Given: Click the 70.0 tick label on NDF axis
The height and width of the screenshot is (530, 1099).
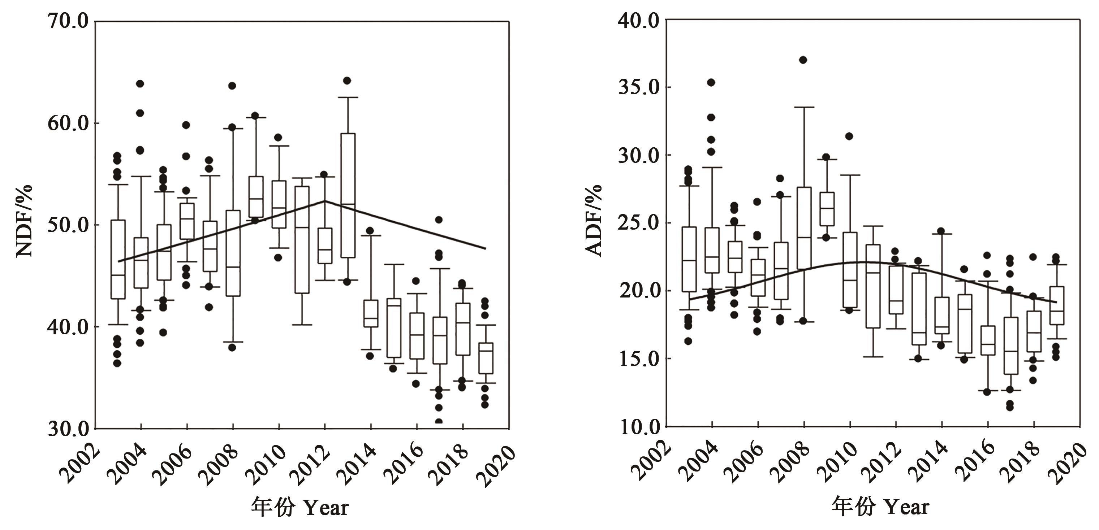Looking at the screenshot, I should [x=68, y=21].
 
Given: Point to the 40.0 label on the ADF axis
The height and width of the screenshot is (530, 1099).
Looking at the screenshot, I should [x=639, y=21].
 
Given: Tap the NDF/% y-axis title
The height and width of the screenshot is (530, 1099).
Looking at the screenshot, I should [x=24, y=221].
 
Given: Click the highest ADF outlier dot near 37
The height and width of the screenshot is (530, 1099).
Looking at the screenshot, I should [x=803, y=60].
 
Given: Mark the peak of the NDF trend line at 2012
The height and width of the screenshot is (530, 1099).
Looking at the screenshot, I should [x=325, y=201].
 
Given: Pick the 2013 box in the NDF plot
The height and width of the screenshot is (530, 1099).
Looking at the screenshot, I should [x=348, y=195].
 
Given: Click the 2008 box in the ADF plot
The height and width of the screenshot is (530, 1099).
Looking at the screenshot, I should [x=804, y=228].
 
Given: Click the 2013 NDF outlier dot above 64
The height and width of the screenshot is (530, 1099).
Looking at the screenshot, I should [x=347, y=81].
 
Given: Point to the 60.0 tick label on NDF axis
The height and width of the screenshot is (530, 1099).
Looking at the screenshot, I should [x=68, y=123].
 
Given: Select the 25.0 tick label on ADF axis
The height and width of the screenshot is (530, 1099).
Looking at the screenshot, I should [x=639, y=223].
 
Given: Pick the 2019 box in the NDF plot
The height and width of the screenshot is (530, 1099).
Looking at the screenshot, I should [x=486, y=358].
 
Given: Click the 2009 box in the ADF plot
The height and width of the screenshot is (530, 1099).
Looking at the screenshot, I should [x=827, y=209].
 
